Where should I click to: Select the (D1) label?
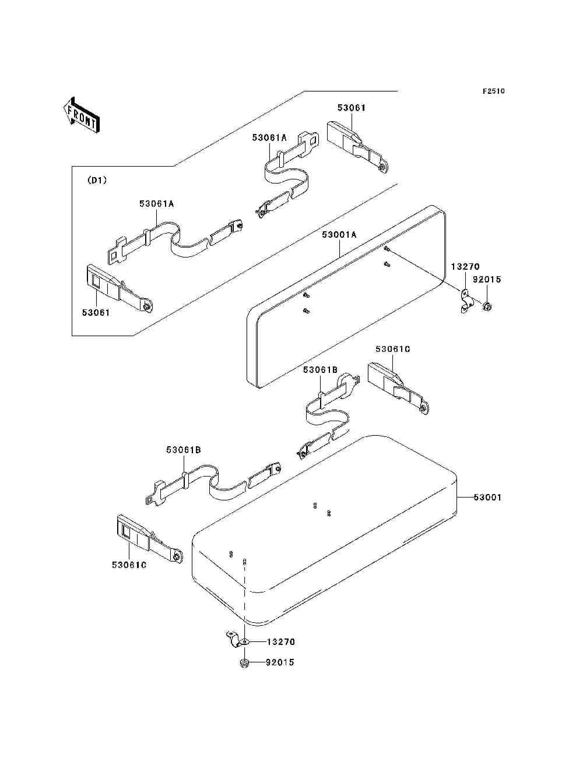pos(97,181)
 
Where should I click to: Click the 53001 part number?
pos(487,498)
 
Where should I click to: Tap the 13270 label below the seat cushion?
pos(281,642)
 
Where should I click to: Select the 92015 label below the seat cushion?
pos(280,662)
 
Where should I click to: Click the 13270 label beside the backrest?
pos(465,267)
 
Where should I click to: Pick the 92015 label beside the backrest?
pos(487,280)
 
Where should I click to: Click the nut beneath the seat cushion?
pos(244,664)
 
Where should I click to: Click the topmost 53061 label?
pos(352,108)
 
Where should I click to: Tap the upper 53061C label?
pos(393,349)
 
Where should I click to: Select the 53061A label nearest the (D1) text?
pos(156,204)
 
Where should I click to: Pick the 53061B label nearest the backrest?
pos(320,370)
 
